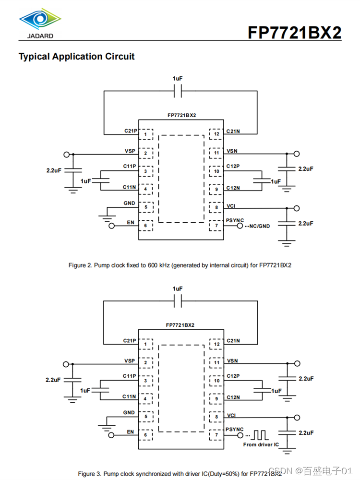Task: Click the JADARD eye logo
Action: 40,20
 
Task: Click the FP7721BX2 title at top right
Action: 294,32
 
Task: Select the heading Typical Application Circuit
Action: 76,57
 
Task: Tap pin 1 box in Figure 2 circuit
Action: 145,134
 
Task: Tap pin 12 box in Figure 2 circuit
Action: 216,134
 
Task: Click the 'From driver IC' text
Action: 261,445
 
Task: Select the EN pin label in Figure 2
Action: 130,222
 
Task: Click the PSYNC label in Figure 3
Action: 235,429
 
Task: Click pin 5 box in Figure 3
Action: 145,417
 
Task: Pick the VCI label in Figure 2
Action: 231,206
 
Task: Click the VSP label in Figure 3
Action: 130,360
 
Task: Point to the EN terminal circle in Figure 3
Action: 112,435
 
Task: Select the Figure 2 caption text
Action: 180,265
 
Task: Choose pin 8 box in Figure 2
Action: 216,207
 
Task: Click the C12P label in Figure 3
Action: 233,376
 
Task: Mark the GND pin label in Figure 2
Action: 129,203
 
